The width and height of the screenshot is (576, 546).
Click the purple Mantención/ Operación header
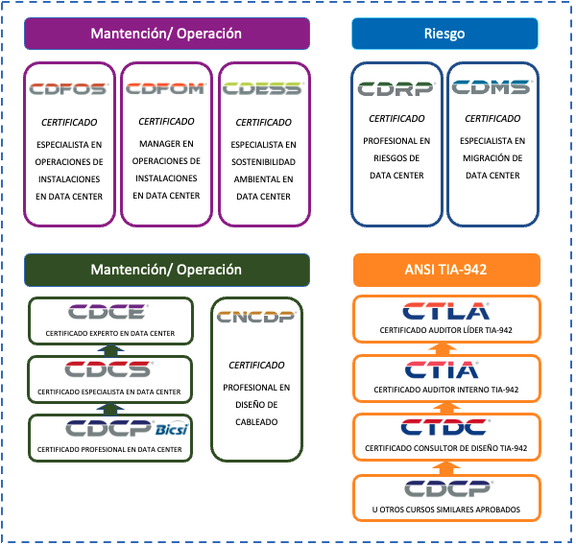(167, 34)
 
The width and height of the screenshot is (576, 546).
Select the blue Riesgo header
(444, 34)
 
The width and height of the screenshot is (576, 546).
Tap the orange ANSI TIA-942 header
(446, 270)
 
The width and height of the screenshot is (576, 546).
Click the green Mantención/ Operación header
(167, 270)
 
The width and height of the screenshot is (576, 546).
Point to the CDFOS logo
(68, 89)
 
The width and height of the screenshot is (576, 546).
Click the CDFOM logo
(166, 88)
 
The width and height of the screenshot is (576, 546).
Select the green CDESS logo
(263, 88)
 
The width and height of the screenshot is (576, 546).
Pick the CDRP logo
(396, 88)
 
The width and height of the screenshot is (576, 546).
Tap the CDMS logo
(492, 86)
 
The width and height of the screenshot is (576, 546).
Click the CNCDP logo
(256, 317)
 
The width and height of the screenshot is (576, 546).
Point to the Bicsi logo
(171, 429)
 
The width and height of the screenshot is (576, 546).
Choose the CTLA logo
(446, 311)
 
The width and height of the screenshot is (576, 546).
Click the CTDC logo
(444, 427)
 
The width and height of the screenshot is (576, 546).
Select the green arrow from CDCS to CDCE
(110, 350)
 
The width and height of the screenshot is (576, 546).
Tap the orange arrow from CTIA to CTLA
(444, 349)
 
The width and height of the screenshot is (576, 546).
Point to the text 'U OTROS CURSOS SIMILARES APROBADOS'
(446, 510)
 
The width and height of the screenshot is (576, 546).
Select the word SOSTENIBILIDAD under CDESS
(263, 162)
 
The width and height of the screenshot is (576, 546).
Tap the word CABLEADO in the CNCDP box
(256, 422)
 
